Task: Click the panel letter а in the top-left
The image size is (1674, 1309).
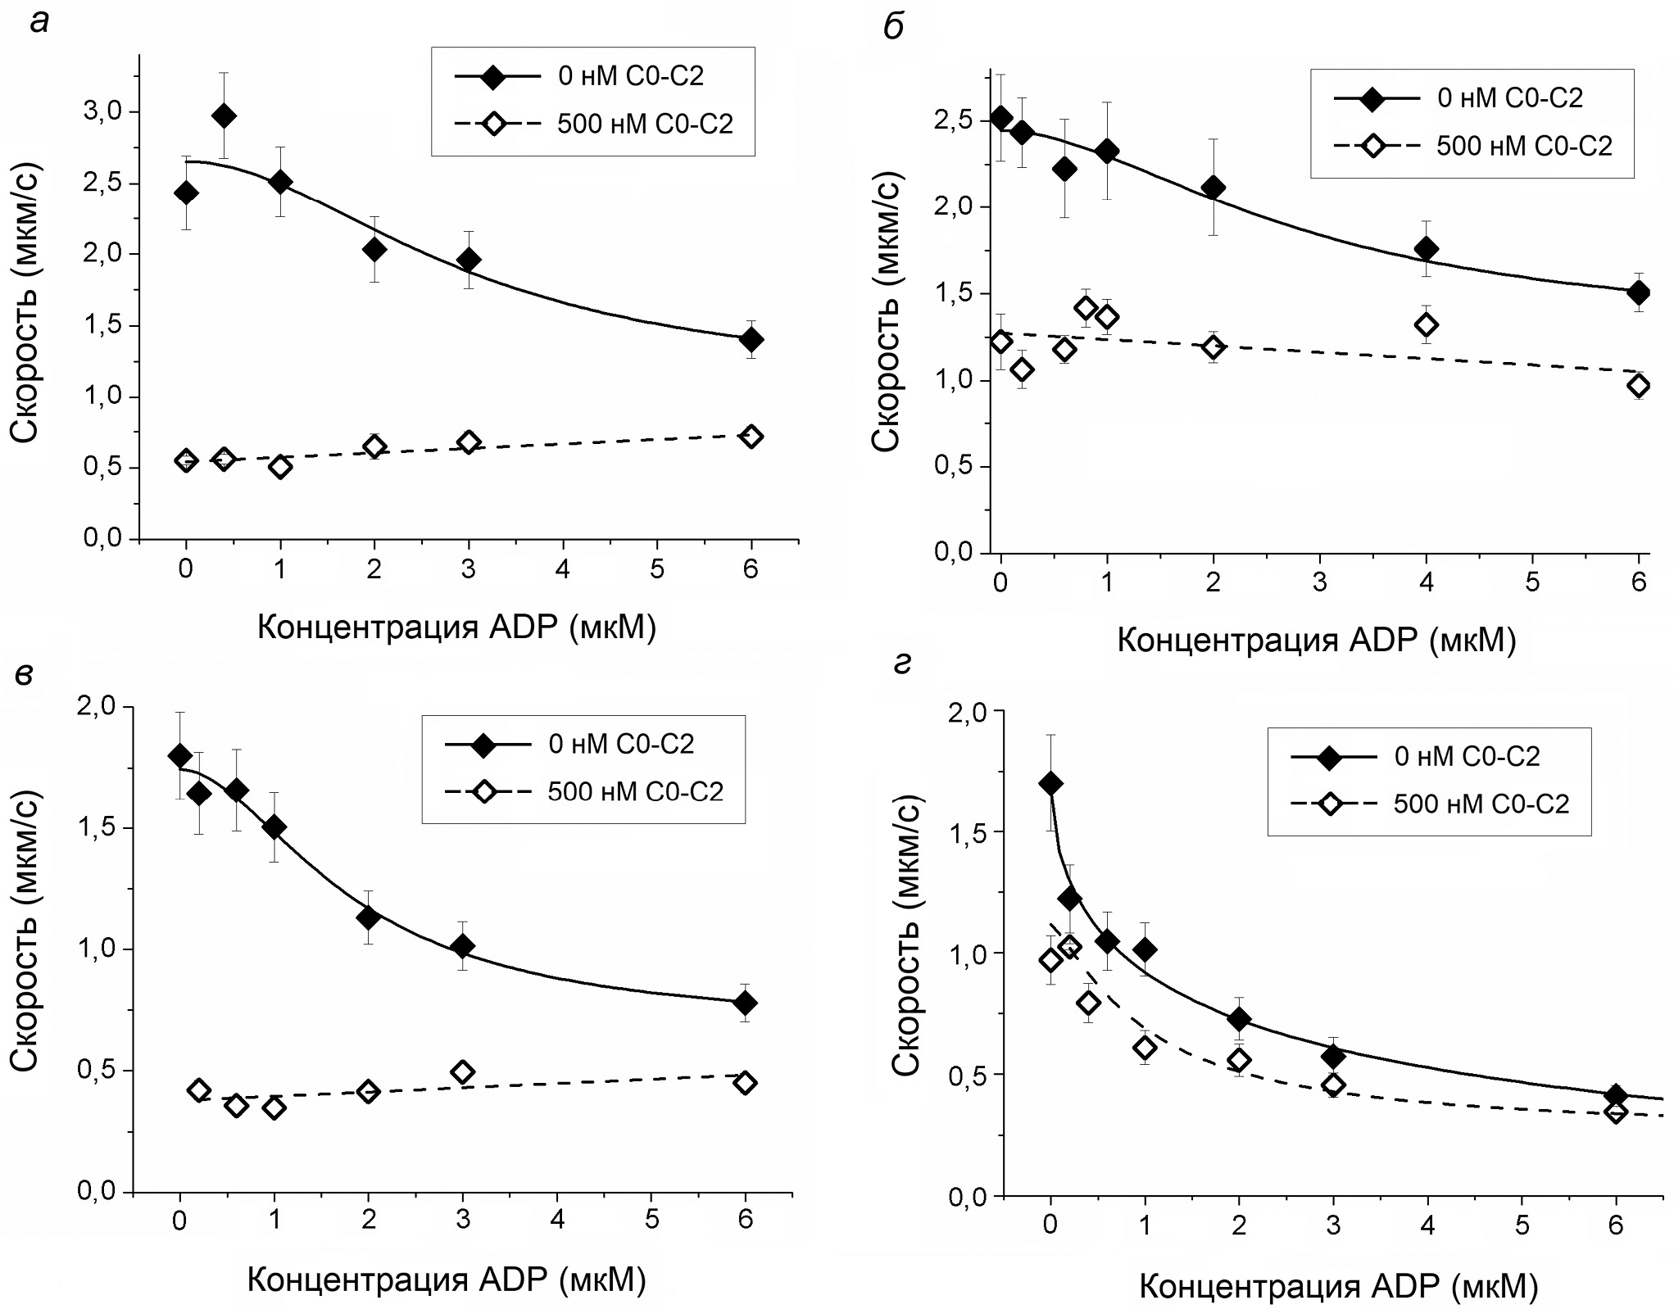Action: pyautogui.click(x=39, y=22)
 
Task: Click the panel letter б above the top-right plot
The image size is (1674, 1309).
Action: pyautogui.click(x=893, y=26)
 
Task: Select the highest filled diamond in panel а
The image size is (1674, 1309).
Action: pyautogui.click(x=224, y=116)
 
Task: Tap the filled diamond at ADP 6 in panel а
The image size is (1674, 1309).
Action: pyautogui.click(x=751, y=339)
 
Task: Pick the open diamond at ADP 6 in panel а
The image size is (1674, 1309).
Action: pyautogui.click(x=751, y=437)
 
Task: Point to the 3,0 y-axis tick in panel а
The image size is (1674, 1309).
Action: pyautogui.click(x=106, y=111)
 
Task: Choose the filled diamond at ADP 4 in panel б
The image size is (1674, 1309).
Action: pyautogui.click(x=1427, y=249)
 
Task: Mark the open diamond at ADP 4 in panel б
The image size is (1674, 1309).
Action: pyautogui.click(x=1427, y=325)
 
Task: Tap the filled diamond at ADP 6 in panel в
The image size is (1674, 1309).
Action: pyautogui.click(x=746, y=1003)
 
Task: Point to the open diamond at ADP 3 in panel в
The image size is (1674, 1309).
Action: pyautogui.click(x=463, y=1071)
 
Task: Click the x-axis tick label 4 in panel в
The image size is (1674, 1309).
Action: pyautogui.click(x=558, y=1220)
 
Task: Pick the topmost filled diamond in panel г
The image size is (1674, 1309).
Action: pyautogui.click(x=1051, y=784)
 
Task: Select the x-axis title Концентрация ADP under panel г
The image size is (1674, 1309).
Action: pyautogui.click(x=1338, y=1287)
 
